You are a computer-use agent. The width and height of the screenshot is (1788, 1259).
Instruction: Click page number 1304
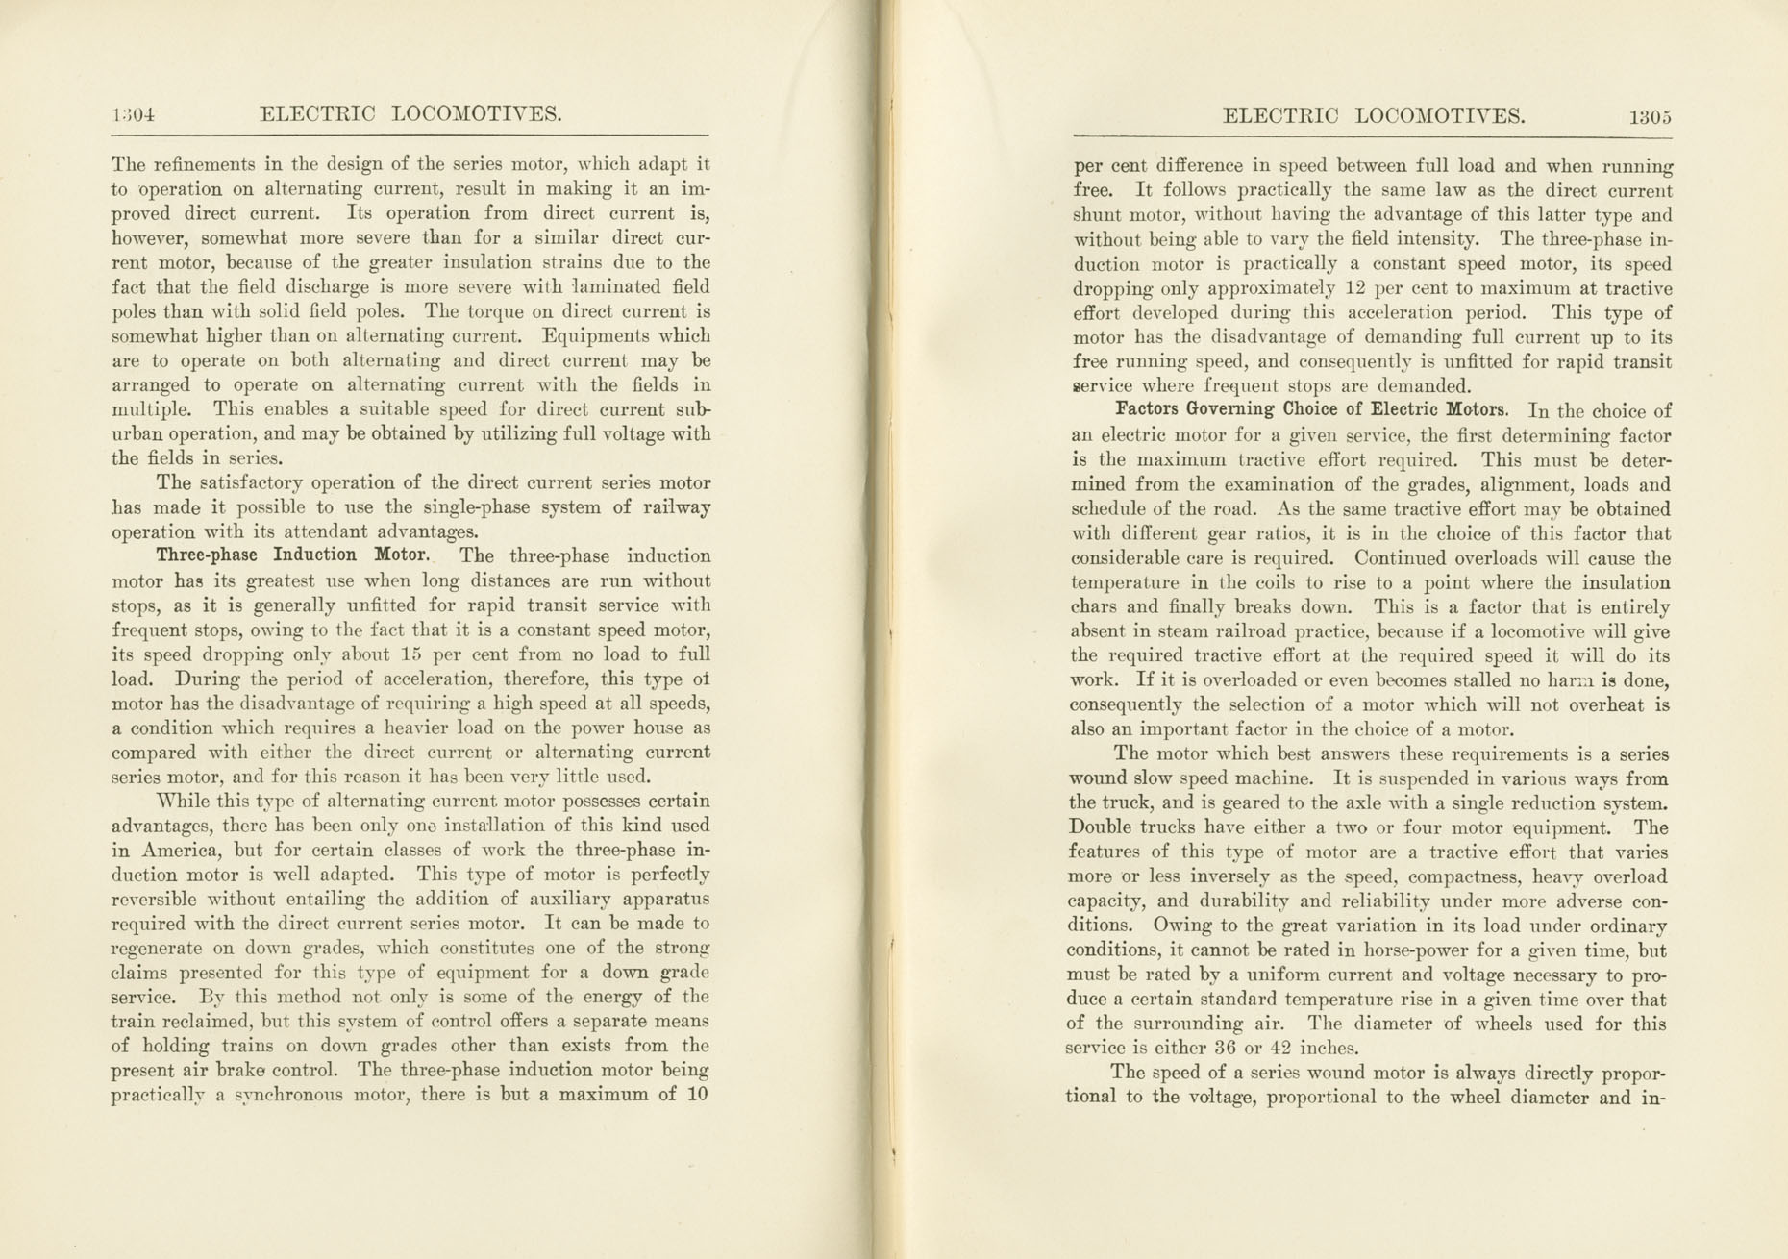point(134,115)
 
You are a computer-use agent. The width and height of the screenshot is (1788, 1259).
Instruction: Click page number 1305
point(1651,117)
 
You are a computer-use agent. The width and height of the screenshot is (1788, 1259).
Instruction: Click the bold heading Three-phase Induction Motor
point(292,555)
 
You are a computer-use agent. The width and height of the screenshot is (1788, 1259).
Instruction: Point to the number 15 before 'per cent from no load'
point(411,655)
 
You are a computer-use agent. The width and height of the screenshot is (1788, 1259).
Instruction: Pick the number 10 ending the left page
point(696,1094)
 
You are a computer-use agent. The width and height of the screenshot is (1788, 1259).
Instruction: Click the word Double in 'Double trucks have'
point(1100,827)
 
